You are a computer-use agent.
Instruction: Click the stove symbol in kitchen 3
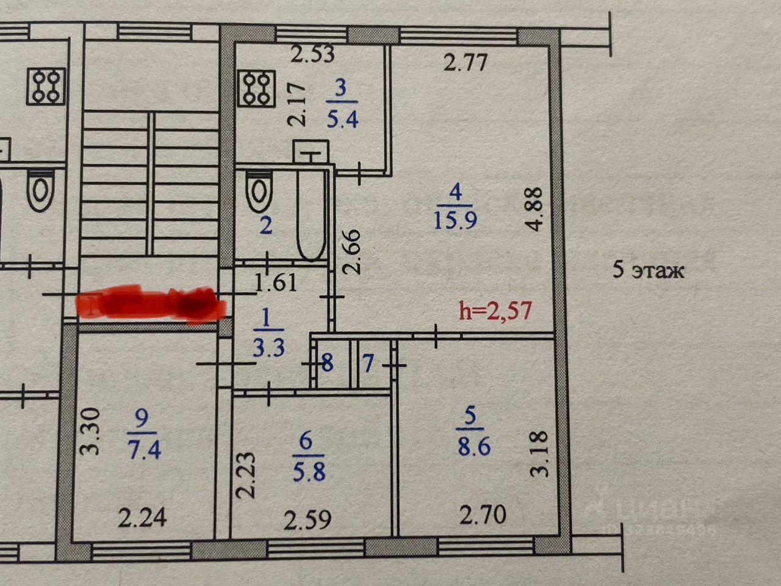tap(256, 88)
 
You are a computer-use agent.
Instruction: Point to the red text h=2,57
tap(495, 311)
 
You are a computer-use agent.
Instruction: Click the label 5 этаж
tap(648, 270)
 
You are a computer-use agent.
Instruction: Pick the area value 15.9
tap(455, 220)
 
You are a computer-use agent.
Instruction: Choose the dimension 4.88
tap(534, 209)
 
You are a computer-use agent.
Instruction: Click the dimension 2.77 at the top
tap(466, 62)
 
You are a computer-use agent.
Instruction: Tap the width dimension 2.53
tap(312, 54)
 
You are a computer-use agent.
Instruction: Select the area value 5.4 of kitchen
tap(342, 119)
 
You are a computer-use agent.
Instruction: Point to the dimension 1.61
tap(276, 282)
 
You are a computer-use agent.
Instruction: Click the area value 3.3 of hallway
tap(268, 348)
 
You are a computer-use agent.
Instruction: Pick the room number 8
tap(328, 364)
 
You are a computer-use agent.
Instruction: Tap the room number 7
tap(368, 364)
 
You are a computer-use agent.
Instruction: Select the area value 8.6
tap(474, 446)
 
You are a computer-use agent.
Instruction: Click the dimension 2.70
tap(482, 515)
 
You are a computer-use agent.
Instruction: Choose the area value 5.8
tap(309, 471)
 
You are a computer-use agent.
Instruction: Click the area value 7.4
tap(144, 449)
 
